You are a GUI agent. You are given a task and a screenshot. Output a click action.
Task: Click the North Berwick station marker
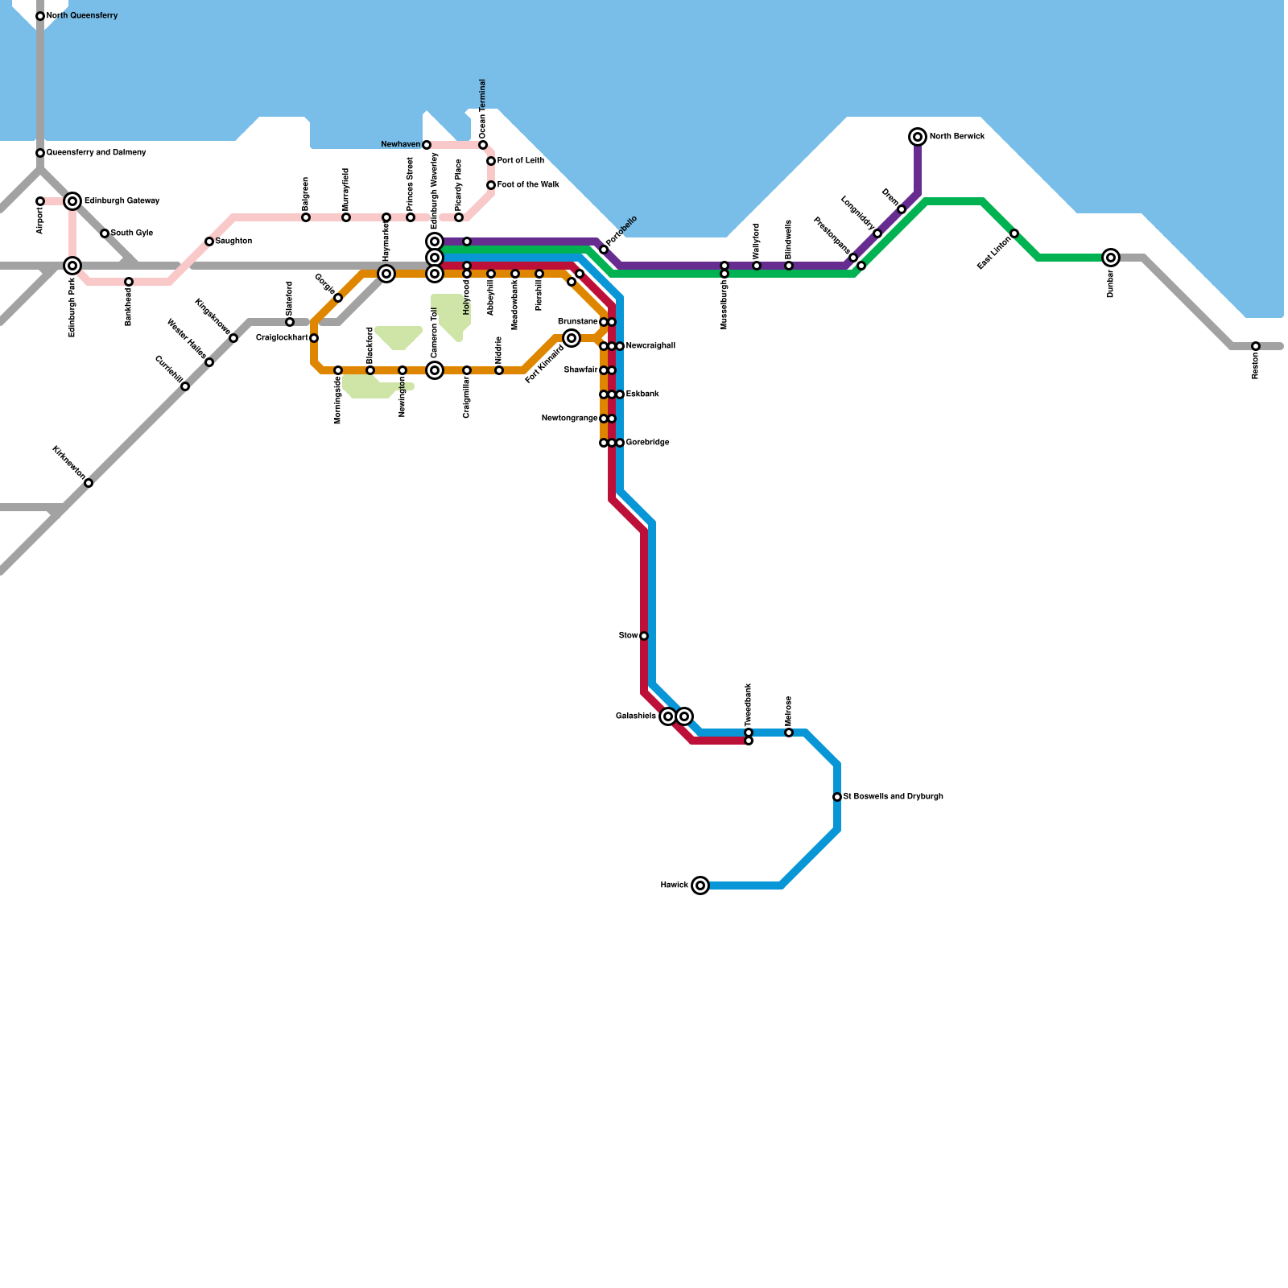(918, 137)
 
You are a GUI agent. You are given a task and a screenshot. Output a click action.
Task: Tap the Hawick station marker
(700, 885)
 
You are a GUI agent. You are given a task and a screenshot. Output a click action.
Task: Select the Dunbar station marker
(1111, 258)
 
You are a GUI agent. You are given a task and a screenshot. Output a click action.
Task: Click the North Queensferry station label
(82, 16)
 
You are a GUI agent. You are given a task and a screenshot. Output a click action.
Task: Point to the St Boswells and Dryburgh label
(893, 797)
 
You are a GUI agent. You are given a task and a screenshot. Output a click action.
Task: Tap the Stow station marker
(644, 636)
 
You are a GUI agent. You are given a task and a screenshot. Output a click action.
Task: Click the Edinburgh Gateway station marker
(72, 201)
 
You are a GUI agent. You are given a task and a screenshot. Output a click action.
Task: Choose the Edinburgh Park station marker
(72, 266)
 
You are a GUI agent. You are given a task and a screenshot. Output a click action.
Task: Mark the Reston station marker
(1256, 346)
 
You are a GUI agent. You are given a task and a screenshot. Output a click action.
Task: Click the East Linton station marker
(1014, 233)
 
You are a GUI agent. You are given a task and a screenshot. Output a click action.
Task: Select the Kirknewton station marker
(89, 483)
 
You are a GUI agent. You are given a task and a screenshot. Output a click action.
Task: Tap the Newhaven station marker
(427, 145)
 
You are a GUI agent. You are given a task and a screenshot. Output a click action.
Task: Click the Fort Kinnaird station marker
(572, 338)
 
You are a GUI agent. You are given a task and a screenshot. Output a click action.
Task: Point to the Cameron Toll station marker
(435, 370)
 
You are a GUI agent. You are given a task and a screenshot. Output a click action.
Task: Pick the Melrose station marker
(789, 733)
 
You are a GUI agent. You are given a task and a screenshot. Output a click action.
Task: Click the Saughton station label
(233, 242)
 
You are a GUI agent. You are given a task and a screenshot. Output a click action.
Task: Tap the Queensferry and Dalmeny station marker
(40, 153)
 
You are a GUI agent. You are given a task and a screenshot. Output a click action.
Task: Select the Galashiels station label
(636, 716)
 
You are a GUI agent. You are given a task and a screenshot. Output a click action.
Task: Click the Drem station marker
(902, 209)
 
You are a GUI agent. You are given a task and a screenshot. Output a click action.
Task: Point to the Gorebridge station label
(647, 443)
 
